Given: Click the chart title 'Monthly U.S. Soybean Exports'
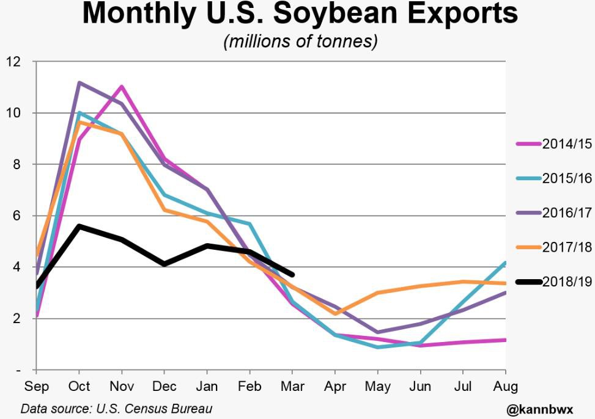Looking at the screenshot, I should [x=300, y=15].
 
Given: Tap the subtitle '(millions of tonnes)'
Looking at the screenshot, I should [x=300, y=42].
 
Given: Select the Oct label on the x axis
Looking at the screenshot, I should [x=79, y=386].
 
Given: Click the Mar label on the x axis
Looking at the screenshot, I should [x=292, y=386].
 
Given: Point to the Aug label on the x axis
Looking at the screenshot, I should [x=505, y=386].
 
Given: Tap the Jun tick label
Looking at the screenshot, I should [x=420, y=386].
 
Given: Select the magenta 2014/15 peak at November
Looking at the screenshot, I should [x=122, y=87].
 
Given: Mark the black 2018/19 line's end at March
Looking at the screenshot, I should [x=292, y=275].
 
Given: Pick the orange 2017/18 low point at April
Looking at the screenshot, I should [x=335, y=313].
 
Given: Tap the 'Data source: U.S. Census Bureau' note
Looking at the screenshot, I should [x=116, y=409].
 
